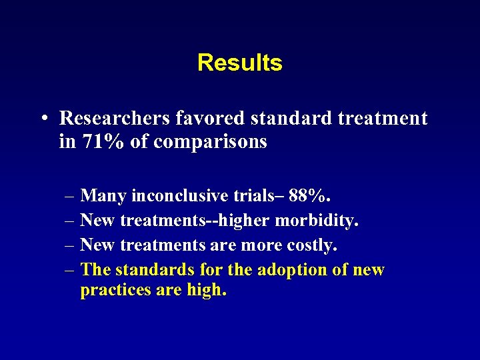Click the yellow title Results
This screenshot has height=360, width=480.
click(x=239, y=63)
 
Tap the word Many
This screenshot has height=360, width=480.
click(x=103, y=196)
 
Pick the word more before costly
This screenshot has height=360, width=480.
click(x=260, y=245)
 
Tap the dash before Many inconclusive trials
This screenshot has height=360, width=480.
click(x=70, y=197)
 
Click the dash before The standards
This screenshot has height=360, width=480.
click(x=70, y=271)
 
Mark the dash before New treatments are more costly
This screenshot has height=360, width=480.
click(x=70, y=246)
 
